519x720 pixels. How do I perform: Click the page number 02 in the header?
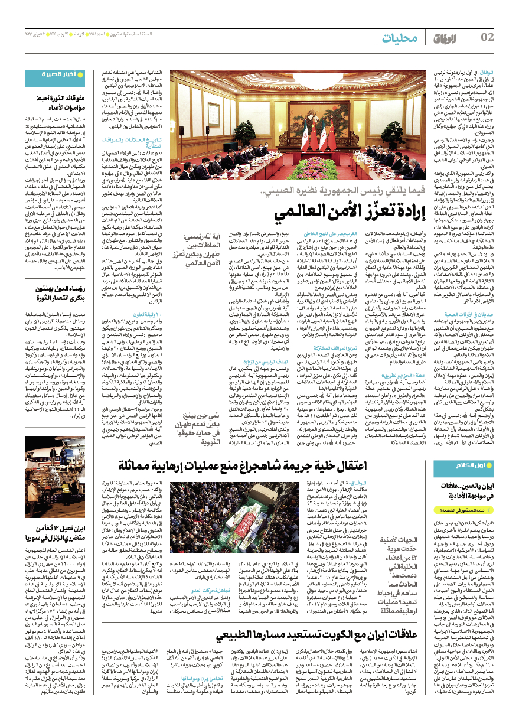click(x=487, y=38)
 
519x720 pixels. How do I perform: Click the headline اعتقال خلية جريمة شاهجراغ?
click(x=269, y=465)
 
